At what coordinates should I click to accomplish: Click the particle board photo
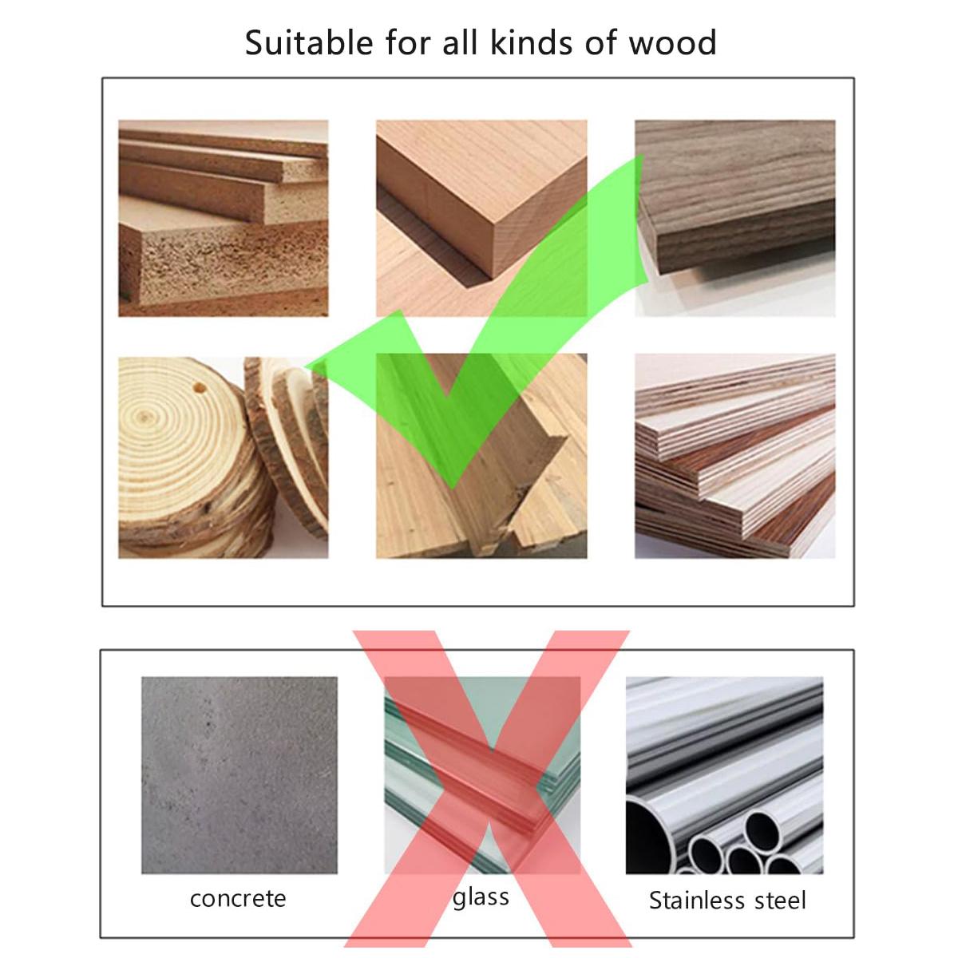[x=223, y=218]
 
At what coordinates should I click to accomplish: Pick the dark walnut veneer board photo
[x=734, y=218]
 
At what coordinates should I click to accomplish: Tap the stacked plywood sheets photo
[x=734, y=456]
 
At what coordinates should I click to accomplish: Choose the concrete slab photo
[x=239, y=774]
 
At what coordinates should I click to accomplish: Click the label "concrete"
[x=238, y=898]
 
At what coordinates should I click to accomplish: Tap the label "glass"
[x=481, y=897]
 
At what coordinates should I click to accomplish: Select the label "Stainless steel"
[x=727, y=901]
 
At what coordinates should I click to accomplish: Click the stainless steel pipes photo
[x=724, y=774]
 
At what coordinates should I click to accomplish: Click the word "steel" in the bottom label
[x=773, y=901]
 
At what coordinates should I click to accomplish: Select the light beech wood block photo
[x=481, y=218]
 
